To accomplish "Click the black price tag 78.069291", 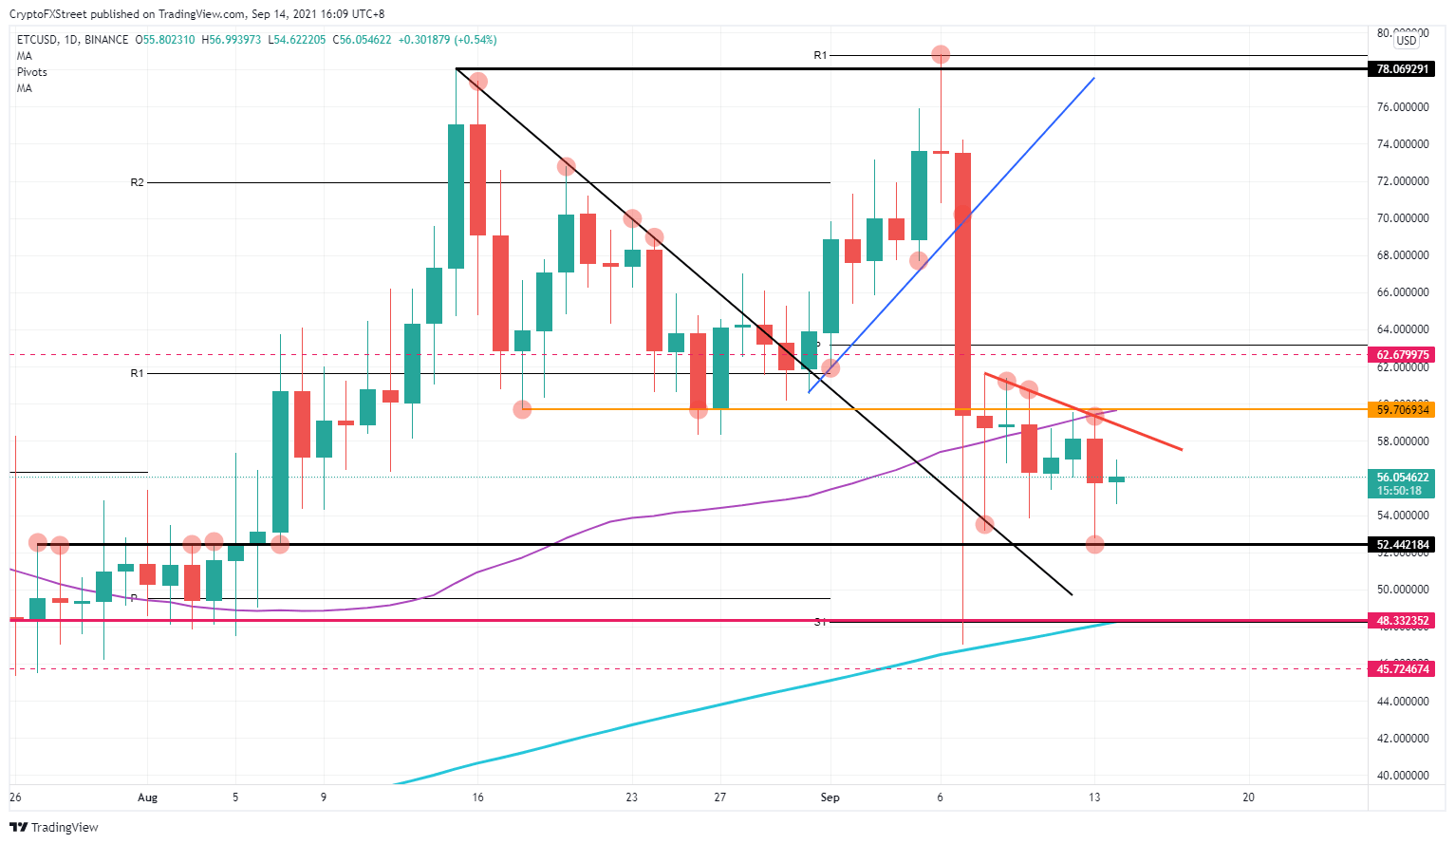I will (x=1403, y=69).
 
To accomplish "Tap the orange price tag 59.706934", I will (x=1403, y=409).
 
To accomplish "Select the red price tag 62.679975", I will (x=1403, y=355).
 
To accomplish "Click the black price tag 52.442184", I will (x=1403, y=545).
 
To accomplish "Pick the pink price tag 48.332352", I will (x=1403, y=621).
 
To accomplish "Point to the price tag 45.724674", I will (x=1403, y=669).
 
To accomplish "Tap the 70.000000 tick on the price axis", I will (x=1403, y=218).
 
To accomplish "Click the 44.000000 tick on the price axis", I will (x=1403, y=701).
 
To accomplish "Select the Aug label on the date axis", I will (x=147, y=797).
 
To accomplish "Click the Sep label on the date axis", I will (x=830, y=797).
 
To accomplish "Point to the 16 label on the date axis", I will (x=477, y=797).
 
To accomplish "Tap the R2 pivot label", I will (x=138, y=182).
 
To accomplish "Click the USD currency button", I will (x=1406, y=41).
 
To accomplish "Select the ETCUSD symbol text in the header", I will (x=36, y=40).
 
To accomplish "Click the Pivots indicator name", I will (x=32, y=72).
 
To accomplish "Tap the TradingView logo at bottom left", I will (x=54, y=827).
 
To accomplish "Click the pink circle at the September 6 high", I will (x=941, y=55).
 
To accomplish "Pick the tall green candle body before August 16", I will (x=456, y=197).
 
